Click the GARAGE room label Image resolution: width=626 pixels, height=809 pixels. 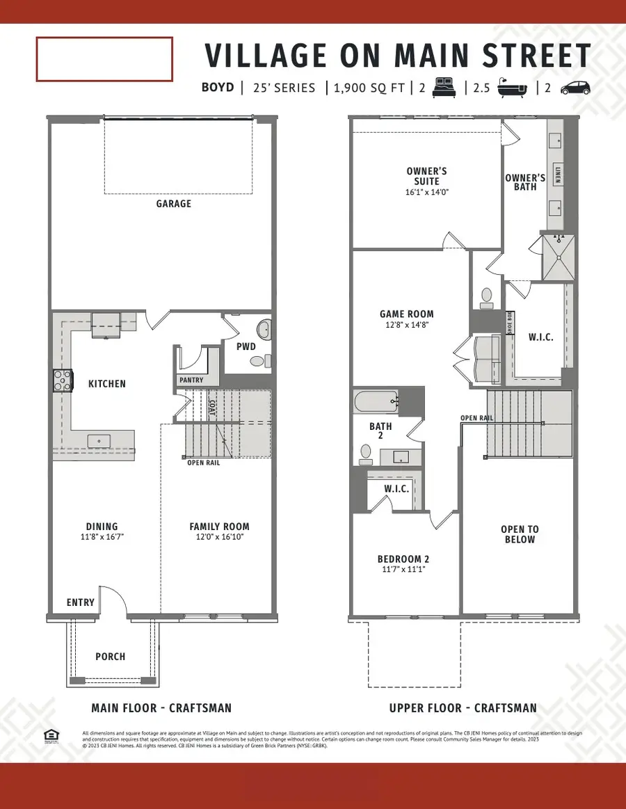tap(174, 204)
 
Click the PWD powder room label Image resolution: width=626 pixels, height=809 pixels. tap(246, 346)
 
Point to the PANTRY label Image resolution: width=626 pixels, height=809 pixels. tap(191, 381)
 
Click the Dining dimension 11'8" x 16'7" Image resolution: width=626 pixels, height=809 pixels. tap(102, 538)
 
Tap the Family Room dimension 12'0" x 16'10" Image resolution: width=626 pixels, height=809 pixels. tap(219, 538)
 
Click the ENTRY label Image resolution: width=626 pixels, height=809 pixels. tap(80, 602)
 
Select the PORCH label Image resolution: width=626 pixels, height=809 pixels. tap(111, 656)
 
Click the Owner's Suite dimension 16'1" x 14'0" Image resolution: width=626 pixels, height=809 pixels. tap(426, 192)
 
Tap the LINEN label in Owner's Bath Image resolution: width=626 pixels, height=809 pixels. tap(559, 175)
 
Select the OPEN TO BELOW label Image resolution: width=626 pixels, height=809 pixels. tap(520, 534)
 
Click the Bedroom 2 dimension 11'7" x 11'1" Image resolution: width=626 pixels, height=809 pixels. tap(402, 570)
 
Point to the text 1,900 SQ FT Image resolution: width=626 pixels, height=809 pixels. tap(369, 88)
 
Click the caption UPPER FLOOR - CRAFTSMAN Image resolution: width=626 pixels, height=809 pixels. tap(463, 708)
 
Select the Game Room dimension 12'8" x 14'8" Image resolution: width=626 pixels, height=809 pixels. tap(407, 325)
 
